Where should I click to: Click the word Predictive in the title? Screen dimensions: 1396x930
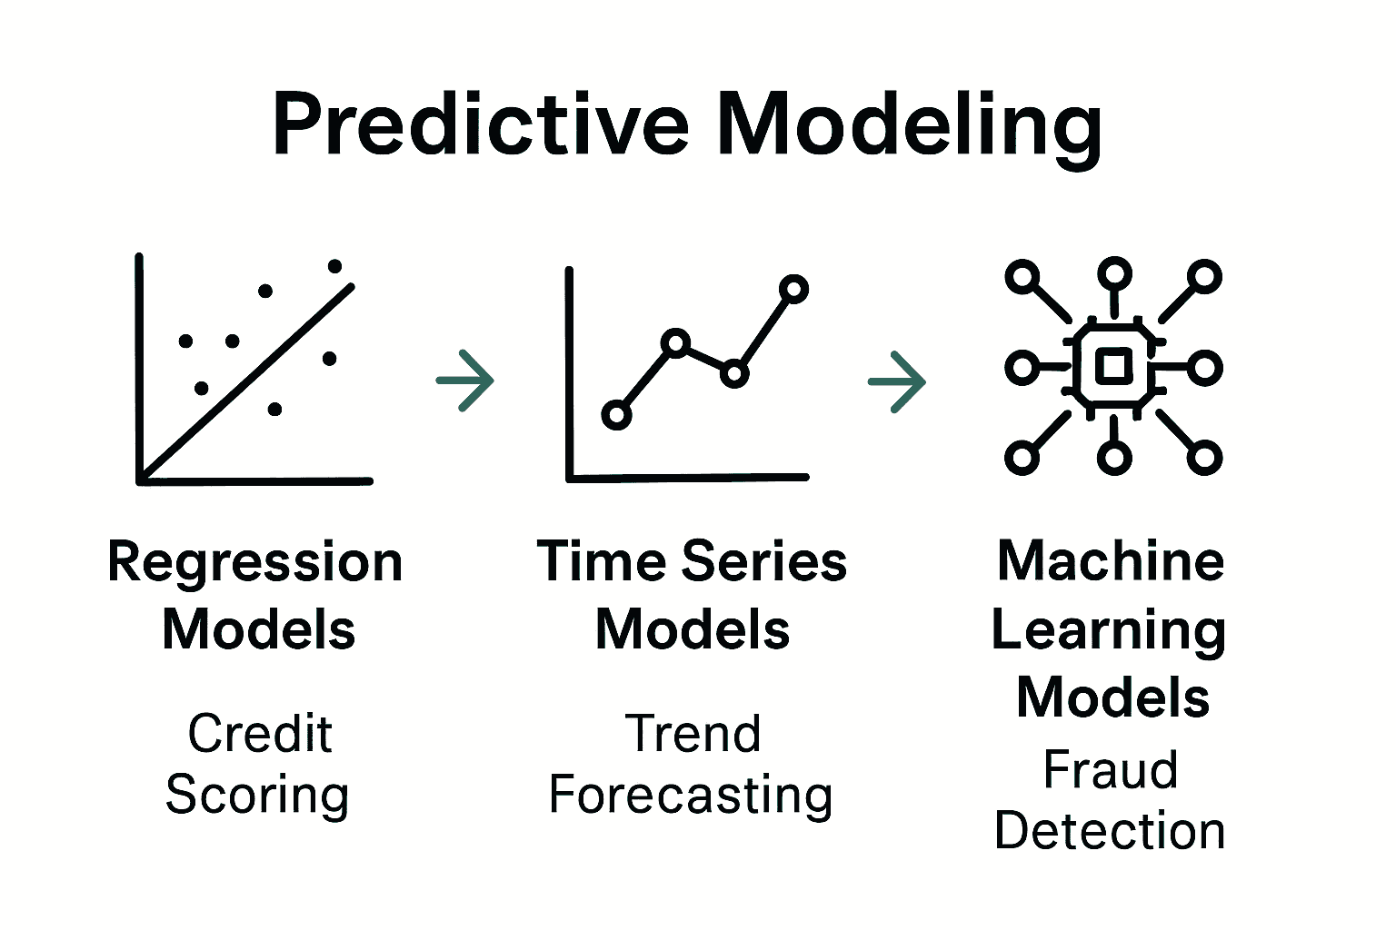tap(481, 124)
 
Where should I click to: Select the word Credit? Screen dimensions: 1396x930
tap(260, 733)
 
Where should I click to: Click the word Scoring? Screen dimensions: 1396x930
tap(257, 796)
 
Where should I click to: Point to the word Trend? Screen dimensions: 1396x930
tap(693, 733)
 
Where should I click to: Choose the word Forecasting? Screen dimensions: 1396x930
tap(691, 796)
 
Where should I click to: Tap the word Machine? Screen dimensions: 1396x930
tap(1111, 560)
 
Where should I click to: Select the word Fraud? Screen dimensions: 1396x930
tap(1111, 769)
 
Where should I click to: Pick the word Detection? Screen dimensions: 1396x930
tap(1110, 830)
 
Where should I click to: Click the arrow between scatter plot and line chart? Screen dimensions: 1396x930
tap(465, 381)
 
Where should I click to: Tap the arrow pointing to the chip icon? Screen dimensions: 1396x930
tap(897, 381)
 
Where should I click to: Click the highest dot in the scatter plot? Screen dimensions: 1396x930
tap(334, 267)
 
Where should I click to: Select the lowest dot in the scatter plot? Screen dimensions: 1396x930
tap(274, 410)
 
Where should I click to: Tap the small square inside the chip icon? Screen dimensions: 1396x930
tap(1113, 367)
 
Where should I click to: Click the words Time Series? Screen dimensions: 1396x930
tap(692, 561)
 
